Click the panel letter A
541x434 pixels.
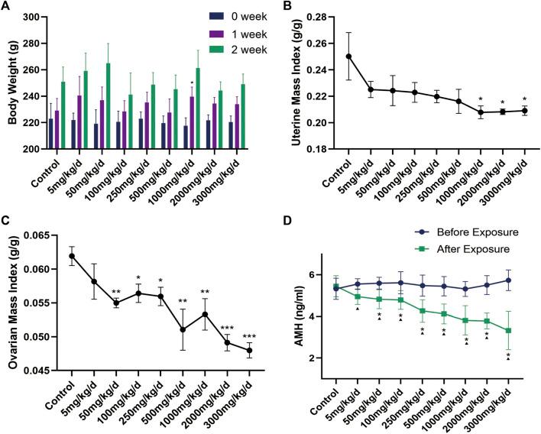point(7,7)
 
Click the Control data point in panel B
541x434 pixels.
point(348,56)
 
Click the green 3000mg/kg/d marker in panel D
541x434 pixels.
point(529,330)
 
